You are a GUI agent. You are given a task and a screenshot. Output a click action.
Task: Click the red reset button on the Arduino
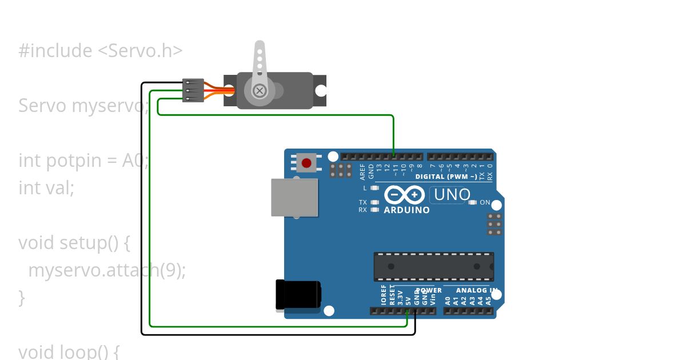click(306, 163)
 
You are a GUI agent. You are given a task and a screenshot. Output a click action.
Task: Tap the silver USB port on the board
click(294, 198)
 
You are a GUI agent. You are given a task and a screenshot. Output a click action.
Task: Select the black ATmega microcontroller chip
click(434, 266)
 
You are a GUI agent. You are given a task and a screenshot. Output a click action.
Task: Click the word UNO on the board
click(452, 195)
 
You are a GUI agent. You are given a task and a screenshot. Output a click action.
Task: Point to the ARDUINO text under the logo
click(406, 210)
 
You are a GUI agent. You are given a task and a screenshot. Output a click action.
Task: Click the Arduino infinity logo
click(405, 195)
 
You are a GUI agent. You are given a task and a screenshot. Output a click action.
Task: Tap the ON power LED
click(472, 202)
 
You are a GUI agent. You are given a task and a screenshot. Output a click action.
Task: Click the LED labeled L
click(374, 188)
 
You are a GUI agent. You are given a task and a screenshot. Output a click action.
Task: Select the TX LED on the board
click(374, 202)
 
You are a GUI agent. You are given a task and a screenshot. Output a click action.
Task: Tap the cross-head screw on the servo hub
click(260, 90)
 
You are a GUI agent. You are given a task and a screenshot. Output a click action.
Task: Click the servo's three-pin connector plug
click(193, 90)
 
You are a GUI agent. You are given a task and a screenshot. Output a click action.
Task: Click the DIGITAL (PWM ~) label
click(446, 177)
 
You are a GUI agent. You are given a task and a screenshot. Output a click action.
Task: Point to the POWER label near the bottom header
click(429, 290)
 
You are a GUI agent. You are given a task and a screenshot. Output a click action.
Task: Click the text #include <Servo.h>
click(101, 51)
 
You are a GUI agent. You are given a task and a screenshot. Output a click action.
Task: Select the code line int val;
click(46, 187)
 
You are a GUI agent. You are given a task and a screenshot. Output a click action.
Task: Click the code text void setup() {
click(74, 242)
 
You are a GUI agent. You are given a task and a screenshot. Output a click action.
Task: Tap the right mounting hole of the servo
click(321, 90)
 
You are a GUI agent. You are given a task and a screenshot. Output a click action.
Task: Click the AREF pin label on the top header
click(362, 171)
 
